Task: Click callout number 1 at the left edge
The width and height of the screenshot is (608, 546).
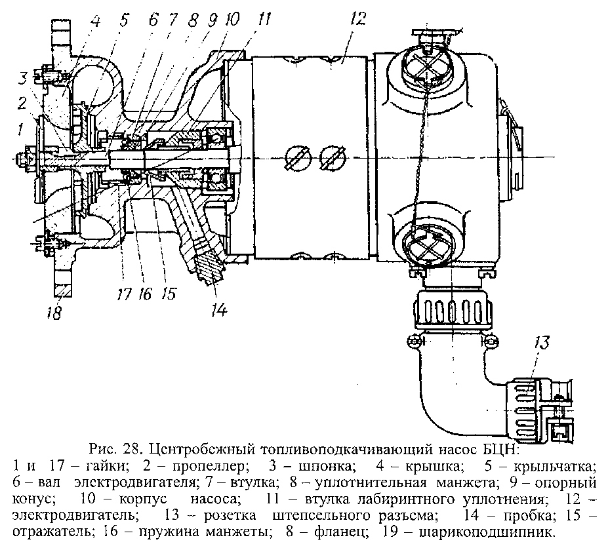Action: click(22, 125)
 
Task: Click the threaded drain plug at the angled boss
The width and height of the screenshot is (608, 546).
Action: click(211, 268)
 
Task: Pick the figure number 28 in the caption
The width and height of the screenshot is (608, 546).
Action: click(131, 450)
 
